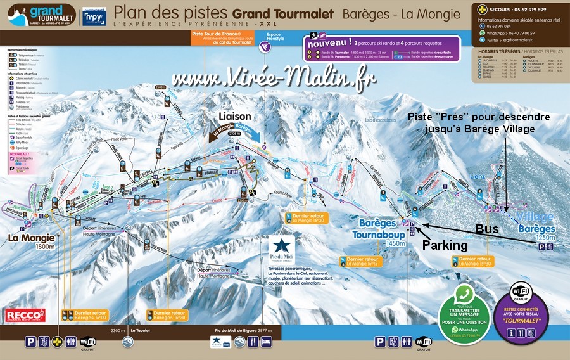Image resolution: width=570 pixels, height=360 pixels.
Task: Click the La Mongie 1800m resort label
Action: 28,241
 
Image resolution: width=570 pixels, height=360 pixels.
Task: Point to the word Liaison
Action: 235,117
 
